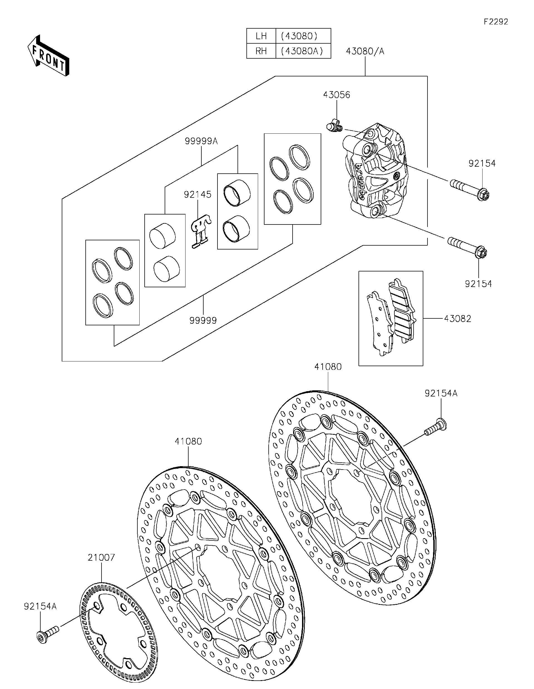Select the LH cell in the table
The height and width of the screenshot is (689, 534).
coord(261,36)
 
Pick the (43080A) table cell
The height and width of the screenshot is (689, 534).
coord(303,51)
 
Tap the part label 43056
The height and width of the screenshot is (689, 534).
coord(336,95)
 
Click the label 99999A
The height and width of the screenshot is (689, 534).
coord(201,141)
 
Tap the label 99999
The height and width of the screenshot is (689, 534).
coord(203,321)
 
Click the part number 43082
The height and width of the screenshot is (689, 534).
coord(457,319)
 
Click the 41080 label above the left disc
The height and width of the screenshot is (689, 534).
coord(188,441)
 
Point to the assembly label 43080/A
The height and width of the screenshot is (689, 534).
coord(365,51)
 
